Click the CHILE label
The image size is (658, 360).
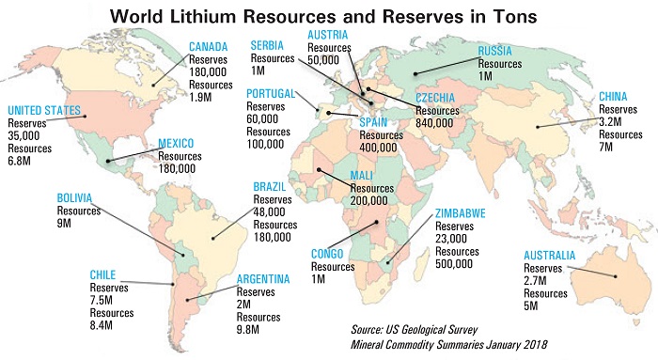point(103,275)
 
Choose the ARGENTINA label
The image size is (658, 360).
point(262,279)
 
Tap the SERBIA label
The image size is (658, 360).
point(270,46)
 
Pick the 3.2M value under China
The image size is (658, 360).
point(614,120)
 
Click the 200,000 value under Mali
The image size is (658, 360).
point(370,200)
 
